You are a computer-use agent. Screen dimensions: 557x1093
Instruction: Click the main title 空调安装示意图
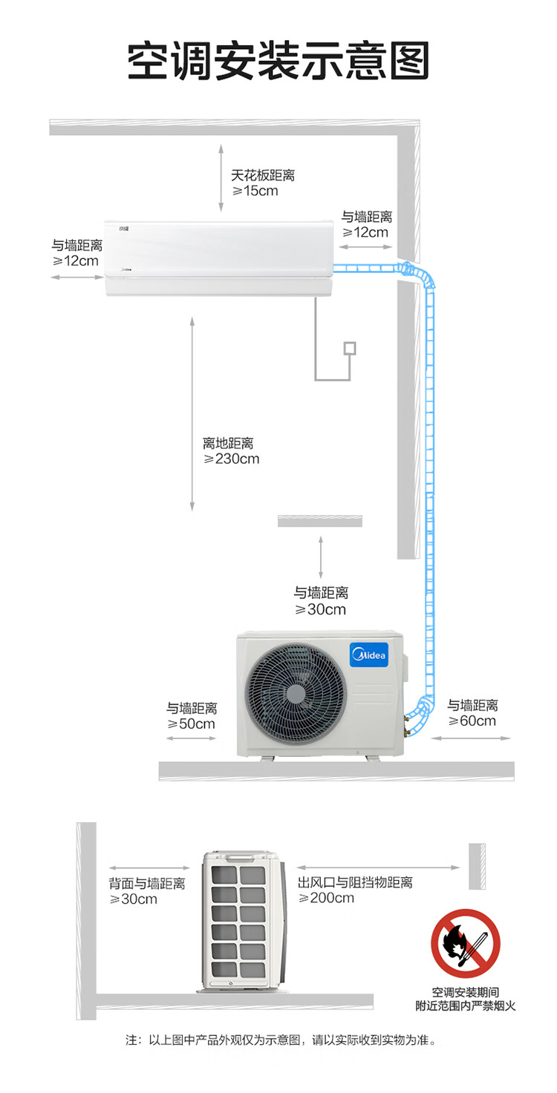[x=278, y=61]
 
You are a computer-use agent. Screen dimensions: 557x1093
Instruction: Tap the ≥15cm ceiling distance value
[x=255, y=191]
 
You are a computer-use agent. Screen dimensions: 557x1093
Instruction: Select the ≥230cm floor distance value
[x=232, y=459]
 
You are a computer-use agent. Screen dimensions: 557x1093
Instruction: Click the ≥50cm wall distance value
[x=191, y=723]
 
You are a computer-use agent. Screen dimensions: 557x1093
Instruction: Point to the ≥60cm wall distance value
[x=472, y=721]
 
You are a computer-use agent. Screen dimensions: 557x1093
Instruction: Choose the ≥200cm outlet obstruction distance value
[x=326, y=898]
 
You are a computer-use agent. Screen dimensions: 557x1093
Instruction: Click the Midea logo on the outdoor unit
[x=369, y=654]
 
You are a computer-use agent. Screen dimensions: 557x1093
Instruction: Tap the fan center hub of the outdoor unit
[x=295, y=693]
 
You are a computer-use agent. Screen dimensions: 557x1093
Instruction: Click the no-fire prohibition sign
[x=465, y=943]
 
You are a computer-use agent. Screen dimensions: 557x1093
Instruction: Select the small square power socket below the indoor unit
[x=350, y=348]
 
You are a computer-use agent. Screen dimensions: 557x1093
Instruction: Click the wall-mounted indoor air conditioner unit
[x=219, y=258]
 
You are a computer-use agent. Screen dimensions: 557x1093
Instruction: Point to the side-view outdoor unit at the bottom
[x=243, y=922]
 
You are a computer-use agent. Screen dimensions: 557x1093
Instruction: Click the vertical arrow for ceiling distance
[x=221, y=177]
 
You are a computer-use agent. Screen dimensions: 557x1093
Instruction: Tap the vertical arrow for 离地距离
[x=192, y=414]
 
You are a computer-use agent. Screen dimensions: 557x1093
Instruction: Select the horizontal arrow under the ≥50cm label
[x=191, y=738]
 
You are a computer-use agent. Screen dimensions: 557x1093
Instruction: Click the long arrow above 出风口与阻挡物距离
[x=378, y=867]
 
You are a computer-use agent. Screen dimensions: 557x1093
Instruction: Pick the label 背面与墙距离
[x=147, y=883]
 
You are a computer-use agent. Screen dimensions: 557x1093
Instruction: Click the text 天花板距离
[x=263, y=175]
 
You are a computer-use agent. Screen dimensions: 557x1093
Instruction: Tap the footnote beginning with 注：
[x=281, y=1040]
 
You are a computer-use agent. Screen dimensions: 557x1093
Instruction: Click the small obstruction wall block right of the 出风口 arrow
[x=477, y=867]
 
